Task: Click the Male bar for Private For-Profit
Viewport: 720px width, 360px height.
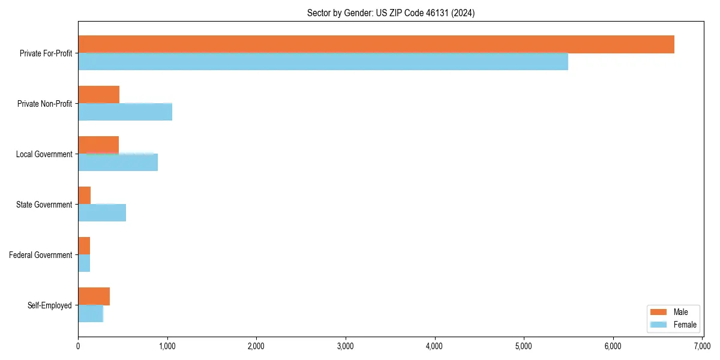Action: [376, 44]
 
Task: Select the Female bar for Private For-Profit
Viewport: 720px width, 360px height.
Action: [323, 61]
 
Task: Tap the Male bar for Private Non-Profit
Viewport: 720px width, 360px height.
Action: [99, 95]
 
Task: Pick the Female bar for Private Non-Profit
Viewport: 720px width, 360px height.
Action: [125, 112]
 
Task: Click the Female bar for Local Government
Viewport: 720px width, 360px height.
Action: [118, 162]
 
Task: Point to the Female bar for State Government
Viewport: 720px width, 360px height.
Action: [102, 212]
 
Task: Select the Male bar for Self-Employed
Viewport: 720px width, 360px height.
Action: [94, 296]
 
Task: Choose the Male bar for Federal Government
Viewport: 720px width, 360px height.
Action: [84, 246]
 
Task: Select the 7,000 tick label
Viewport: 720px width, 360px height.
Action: [702, 346]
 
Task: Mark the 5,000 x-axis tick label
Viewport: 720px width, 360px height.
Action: [524, 346]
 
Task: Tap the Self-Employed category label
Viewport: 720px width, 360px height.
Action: [50, 305]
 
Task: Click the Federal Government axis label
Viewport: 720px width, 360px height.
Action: [41, 255]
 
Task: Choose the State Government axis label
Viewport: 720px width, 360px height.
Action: [44, 205]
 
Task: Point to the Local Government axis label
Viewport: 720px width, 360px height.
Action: [44, 154]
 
